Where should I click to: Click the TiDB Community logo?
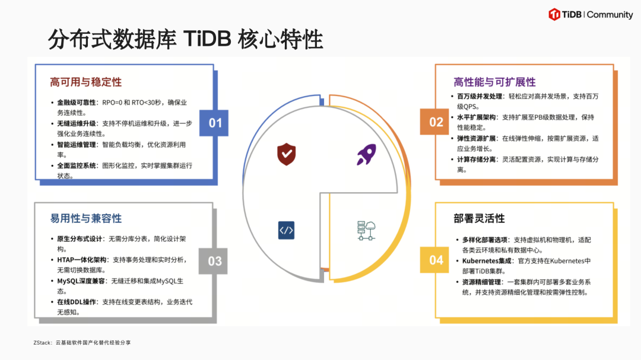click(591, 14)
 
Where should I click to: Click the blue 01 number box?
click(215, 123)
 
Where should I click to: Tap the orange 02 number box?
click(436, 122)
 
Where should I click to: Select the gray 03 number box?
click(215, 261)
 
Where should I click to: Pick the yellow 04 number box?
click(436, 260)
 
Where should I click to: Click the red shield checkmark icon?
click(286, 154)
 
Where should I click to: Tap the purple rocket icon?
click(366, 154)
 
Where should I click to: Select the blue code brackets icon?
click(286, 230)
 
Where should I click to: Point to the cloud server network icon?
click(366, 230)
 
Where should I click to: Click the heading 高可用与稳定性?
click(86, 82)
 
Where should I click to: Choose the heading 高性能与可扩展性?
click(494, 82)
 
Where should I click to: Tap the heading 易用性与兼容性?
click(86, 218)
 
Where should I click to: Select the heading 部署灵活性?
click(479, 218)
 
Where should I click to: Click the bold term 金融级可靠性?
click(77, 103)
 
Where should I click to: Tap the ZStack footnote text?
click(82, 343)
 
